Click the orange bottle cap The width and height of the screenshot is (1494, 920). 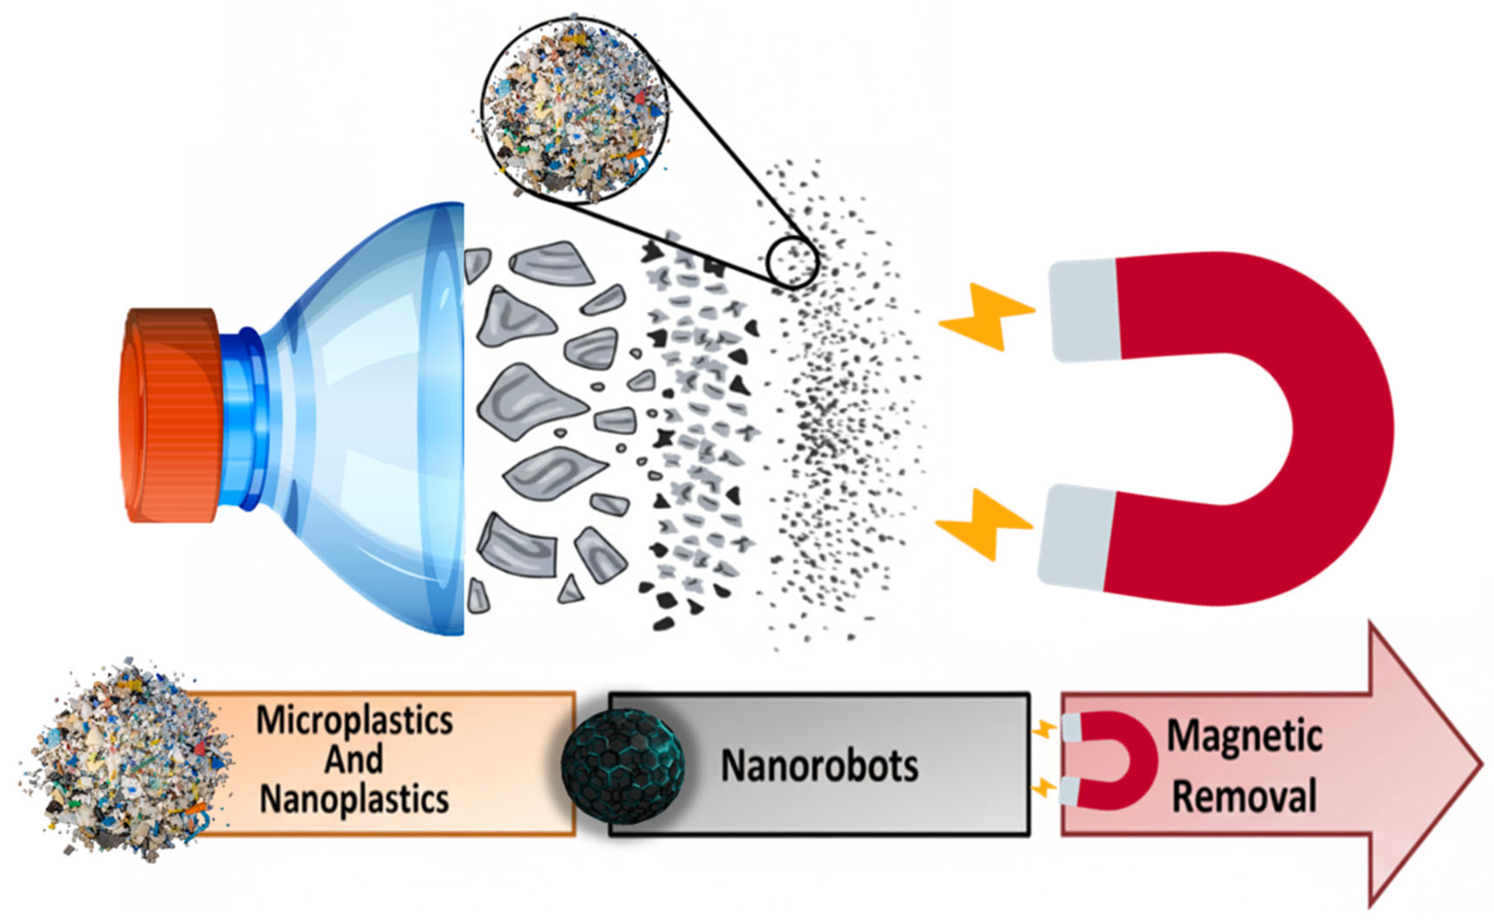(170, 415)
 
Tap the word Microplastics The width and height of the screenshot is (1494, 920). (354, 721)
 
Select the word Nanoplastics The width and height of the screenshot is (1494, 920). (354, 799)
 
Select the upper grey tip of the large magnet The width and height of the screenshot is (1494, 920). (1086, 310)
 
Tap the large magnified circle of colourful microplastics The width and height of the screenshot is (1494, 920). (575, 110)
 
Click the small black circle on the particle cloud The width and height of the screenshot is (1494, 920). (792, 263)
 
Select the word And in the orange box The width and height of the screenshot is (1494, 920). (354, 759)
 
